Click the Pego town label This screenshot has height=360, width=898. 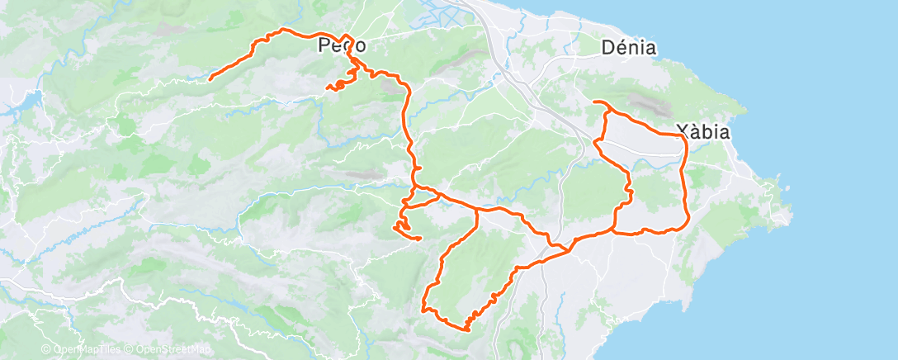pyautogui.click(x=342, y=47)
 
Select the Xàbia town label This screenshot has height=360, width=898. pyautogui.click(x=702, y=131)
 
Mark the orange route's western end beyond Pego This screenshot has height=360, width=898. pyautogui.click(x=210, y=78)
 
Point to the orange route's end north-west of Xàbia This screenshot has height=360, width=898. pyautogui.click(x=595, y=102)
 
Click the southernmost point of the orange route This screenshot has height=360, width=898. pyautogui.click(x=466, y=330)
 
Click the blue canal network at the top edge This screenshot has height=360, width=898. pyautogui.click(x=429, y=12)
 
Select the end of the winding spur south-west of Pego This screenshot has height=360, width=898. pyautogui.click(x=328, y=86)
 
